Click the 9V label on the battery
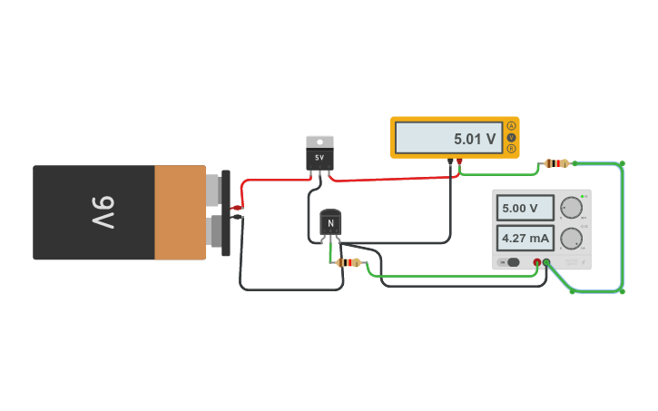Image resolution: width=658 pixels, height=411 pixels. click(103, 212)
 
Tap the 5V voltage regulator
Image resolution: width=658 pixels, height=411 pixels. click(319, 156)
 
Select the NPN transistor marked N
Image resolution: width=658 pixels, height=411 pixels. click(330, 223)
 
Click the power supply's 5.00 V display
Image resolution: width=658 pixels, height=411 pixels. click(525, 208)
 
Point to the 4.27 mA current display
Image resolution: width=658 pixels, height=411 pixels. click(525, 239)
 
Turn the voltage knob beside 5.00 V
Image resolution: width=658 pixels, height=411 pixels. click(571, 208)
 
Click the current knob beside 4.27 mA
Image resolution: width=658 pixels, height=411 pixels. click(571, 239)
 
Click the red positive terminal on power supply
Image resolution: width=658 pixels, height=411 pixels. click(536, 262)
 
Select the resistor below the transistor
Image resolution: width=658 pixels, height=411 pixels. click(349, 262)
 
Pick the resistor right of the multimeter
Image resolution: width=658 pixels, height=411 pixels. click(556, 163)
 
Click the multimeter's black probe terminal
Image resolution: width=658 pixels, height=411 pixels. click(450, 161)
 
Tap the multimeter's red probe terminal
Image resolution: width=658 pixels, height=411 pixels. click(459, 161)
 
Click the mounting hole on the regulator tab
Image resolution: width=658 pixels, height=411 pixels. click(319, 142)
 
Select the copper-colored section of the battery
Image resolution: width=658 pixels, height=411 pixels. click(180, 212)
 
